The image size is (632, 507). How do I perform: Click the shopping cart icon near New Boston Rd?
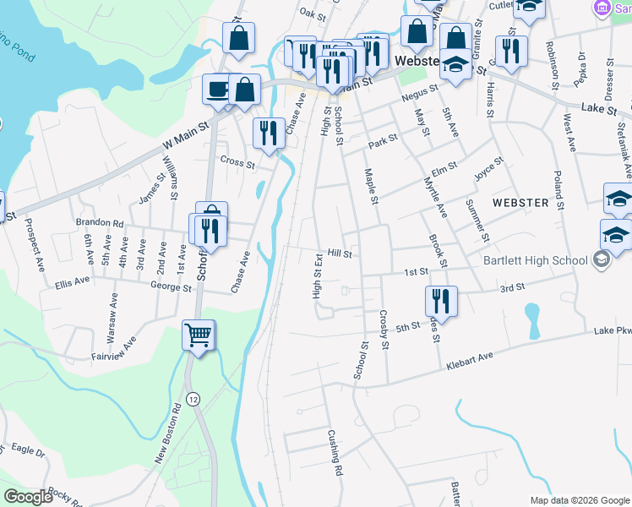[199, 335]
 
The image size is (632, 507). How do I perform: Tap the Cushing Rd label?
[335, 457]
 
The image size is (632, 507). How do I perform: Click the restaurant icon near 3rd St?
[440, 300]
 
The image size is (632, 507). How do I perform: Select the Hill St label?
[339, 253]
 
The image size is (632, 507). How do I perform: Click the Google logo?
[29, 496]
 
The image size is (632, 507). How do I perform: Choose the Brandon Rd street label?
[100, 223]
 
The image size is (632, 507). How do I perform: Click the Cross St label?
[237, 162]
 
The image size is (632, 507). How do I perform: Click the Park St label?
[382, 139]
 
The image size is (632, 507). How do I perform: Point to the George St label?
[172, 287]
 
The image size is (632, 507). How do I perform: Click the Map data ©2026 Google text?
[579, 500]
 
